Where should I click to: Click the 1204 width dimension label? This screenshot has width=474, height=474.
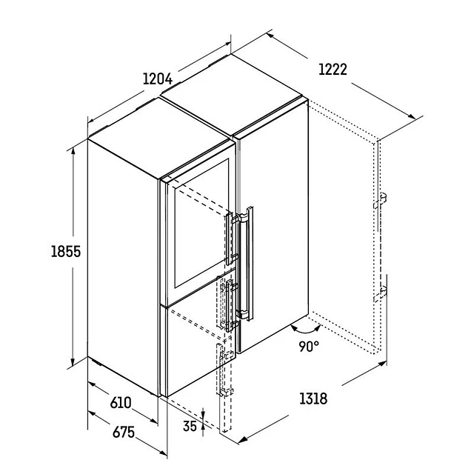(x=157, y=79)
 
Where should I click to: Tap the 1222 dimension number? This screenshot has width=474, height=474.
(x=333, y=70)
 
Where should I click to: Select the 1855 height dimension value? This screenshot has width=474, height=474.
(x=66, y=252)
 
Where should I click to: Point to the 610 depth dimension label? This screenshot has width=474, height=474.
(x=121, y=403)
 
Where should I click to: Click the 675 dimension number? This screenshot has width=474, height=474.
(x=124, y=433)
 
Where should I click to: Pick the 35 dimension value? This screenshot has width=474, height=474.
(x=190, y=426)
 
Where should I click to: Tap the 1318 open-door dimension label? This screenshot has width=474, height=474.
(x=313, y=398)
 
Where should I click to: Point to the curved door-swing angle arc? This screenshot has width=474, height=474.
(x=305, y=333)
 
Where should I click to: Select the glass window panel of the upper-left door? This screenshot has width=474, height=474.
(x=201, y=224)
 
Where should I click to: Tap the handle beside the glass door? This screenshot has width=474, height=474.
(x=230, y=238)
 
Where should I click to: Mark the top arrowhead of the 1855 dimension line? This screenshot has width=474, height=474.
(x=73, y=151)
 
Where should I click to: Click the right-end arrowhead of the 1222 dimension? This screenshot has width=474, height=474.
(x=413, y=116)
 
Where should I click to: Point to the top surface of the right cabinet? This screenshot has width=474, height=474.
(x=231, y=94)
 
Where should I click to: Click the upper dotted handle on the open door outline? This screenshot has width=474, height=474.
(x=380, y=201)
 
